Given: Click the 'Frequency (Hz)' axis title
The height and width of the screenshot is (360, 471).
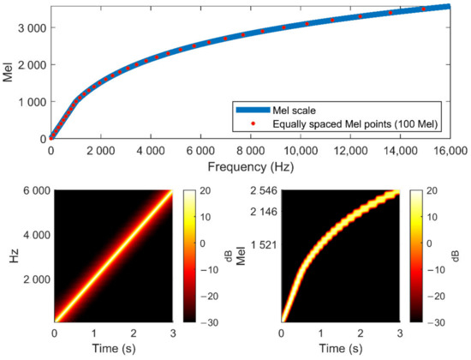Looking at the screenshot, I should (260, 163).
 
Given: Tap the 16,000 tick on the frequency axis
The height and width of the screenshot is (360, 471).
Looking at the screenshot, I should (450, 147).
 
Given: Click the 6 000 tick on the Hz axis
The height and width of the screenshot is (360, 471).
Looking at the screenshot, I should (34, 192).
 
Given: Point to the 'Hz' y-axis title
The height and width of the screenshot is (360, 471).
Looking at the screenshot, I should (10, 257).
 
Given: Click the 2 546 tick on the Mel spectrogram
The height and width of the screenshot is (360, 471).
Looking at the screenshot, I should (262, 192).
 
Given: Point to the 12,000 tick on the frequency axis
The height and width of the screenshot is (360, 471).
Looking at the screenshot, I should (350, 147).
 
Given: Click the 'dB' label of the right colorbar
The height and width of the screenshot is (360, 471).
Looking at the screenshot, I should (450, 257).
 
